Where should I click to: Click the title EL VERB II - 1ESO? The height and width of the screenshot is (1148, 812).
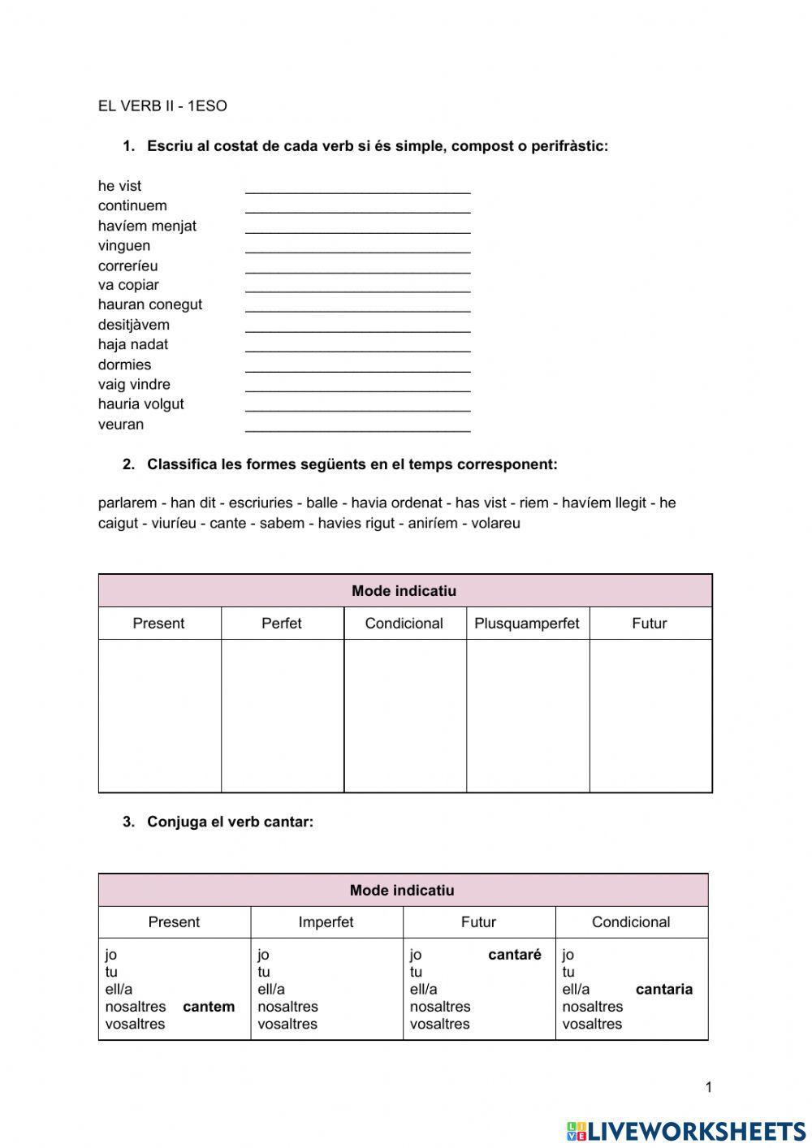click(x=162, y=106)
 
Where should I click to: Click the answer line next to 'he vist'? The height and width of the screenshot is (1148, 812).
click(x=357, y=188)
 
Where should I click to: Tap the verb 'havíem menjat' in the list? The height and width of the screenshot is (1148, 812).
click(x=147, y=226)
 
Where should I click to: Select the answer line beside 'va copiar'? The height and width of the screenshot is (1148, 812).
click(x=357, y=287)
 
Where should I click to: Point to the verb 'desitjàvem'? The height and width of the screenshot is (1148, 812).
click(x=134, y=325)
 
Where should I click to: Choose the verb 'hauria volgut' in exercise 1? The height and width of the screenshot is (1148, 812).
click(x=140, y=404)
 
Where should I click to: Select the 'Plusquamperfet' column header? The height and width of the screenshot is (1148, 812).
click(x=527, y=624)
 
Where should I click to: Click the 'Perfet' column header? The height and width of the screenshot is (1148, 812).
click(x=282, y=624)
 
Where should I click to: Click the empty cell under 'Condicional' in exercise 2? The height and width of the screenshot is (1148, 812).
click(x=404, y=714)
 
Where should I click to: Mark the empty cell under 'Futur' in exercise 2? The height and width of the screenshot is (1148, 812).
click(x=650, y=714)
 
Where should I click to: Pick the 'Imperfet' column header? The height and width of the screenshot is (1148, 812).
click(x=326, y=922)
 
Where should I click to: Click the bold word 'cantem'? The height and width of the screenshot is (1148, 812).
click(x=209, y=1007)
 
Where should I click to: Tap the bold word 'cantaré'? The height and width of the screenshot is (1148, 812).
click(x=514, y=955)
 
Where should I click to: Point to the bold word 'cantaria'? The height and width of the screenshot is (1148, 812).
click(x=664, y=989)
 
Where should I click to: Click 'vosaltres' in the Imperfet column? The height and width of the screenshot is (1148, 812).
click(x=287, y=1024)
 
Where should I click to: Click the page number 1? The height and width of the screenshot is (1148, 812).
click(x=708, y=1087)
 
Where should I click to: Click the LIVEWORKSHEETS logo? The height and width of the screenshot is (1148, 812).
click(x=686, y=1131)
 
